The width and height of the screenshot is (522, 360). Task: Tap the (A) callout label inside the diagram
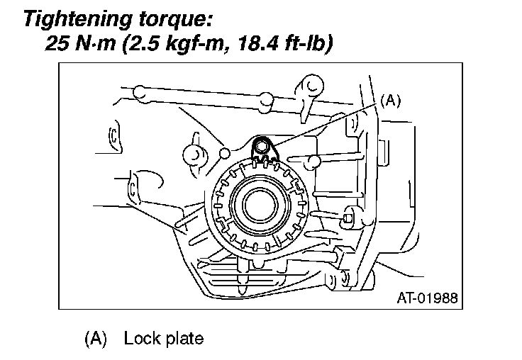point(391,101)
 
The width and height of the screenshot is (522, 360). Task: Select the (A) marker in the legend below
point(96,338)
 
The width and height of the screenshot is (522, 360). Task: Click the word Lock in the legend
point(138,338)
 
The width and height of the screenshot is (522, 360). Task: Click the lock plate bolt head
point(264,146)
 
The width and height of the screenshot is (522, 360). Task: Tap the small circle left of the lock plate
point(225,152)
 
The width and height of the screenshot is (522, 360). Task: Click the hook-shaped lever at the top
point(309,87)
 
